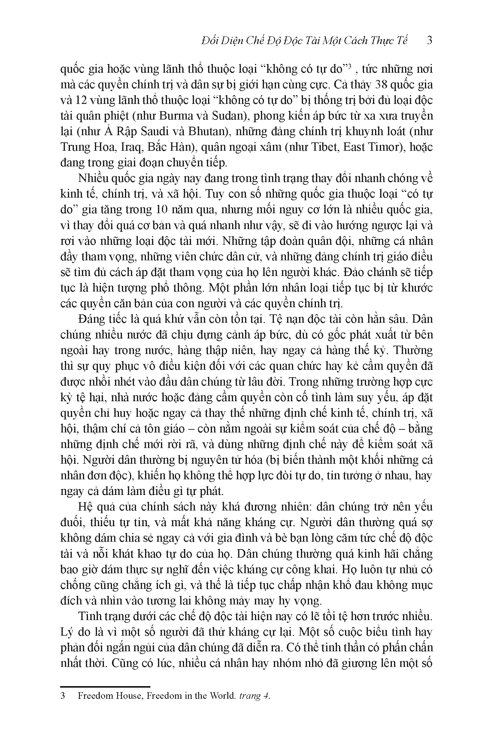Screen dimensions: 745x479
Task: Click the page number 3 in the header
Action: (429, 41)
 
